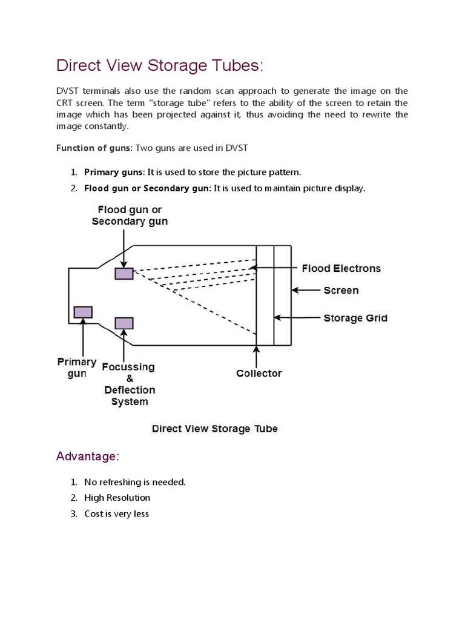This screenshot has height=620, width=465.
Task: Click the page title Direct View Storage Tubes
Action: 160,65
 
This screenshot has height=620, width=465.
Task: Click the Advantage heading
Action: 86,457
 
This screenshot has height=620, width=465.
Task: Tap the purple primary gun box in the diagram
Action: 83,312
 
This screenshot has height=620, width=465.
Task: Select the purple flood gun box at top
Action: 124,274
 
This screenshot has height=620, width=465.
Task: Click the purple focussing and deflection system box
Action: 124,323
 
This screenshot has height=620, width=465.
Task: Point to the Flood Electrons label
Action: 341,268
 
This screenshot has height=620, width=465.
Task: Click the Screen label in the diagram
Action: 341,291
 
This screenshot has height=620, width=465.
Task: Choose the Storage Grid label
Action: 355,318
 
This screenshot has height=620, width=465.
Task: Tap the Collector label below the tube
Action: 259,374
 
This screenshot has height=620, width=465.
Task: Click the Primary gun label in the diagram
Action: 77,368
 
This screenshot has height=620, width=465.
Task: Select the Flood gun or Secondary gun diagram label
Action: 130,216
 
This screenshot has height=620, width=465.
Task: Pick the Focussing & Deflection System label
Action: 129,384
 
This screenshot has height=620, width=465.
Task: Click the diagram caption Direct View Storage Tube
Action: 214,429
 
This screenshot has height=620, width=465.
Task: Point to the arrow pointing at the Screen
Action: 306,291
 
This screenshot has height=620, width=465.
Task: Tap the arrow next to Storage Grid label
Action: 297,317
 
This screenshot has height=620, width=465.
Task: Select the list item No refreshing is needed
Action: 134,482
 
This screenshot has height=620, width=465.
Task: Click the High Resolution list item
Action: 117,498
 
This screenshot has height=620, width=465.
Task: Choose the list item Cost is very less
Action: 116,513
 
